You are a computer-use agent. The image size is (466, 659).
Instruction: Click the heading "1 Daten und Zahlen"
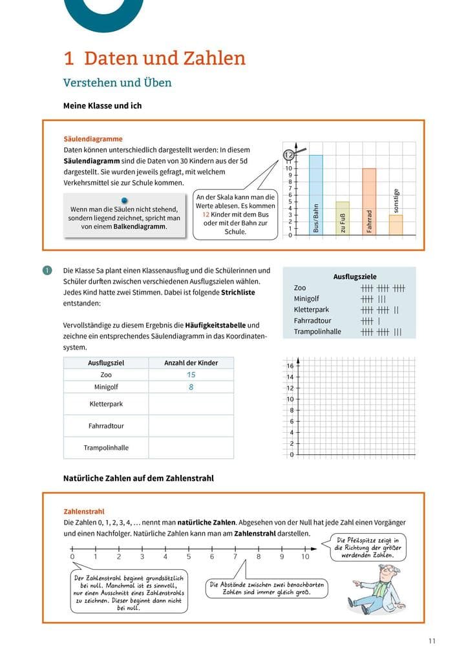(154, 59)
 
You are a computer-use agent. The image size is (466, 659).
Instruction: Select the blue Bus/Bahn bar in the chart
(315, 194)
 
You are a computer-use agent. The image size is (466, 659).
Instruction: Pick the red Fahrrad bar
(369, 201)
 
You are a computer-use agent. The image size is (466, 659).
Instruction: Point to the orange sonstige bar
(396, 224)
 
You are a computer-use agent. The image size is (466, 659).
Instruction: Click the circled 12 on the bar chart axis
(289, 155)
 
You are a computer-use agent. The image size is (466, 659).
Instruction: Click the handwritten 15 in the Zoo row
(191, 375)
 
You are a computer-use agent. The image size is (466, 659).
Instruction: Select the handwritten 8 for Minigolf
(191, 387)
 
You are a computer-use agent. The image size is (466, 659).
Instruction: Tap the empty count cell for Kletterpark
(191, 404)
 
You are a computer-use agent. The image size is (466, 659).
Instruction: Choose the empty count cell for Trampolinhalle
(191, 448)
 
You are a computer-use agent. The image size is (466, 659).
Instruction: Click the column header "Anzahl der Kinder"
(191, 363)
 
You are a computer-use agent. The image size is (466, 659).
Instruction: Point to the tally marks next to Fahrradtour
(370, 320)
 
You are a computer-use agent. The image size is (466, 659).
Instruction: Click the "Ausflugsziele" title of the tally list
(355, 277)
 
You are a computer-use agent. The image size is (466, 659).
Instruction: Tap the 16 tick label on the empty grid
(290, 366)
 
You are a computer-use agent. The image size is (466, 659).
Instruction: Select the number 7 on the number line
(235, 557)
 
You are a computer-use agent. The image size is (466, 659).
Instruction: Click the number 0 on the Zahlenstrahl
(72, 557)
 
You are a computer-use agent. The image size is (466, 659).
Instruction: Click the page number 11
(432, 641)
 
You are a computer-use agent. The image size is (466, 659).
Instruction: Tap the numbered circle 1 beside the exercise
(47, 271)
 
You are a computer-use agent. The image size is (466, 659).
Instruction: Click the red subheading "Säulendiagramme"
(93, 139)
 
